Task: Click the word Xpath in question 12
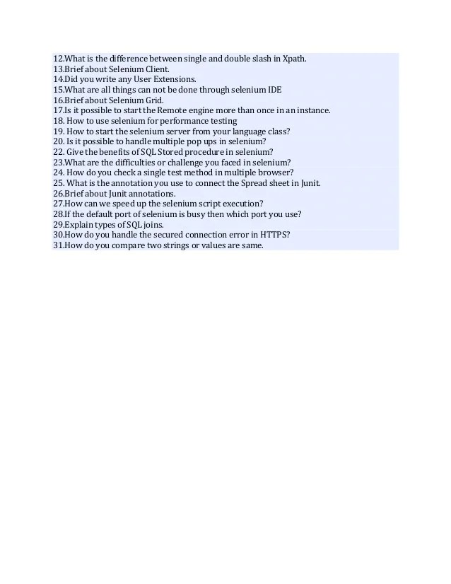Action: click(x=294, y=59)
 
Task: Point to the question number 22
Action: click(x=59, y=152)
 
